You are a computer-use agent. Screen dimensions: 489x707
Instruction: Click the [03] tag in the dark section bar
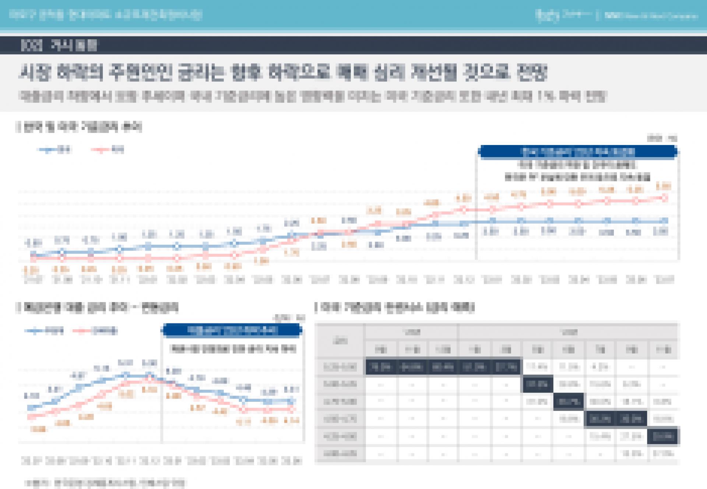tap(32, 46)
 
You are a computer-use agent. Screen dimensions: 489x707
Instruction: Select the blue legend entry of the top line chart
tap(55, 150)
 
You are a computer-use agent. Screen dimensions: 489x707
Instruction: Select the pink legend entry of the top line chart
tap(108, 150)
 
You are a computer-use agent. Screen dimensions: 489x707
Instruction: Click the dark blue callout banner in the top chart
tap(578, 152)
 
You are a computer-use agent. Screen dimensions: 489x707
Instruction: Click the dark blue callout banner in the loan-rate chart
tap(232, 330)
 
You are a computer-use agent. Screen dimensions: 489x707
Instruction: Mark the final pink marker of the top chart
tap(665, 198)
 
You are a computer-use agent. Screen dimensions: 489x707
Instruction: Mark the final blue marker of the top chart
tap(665, 221)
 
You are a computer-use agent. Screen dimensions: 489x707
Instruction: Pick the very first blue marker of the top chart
tap(34, 254)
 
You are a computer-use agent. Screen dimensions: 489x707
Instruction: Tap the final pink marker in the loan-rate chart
tap(292, 408)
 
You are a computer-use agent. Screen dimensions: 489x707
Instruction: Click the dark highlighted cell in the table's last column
tap(663, 437)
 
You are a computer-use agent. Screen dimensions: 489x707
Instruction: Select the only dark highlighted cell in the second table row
tap(537, 384)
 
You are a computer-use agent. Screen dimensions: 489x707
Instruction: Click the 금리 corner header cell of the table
tap(340, 341)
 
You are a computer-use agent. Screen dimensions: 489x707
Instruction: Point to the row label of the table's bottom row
tap(340, 454)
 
